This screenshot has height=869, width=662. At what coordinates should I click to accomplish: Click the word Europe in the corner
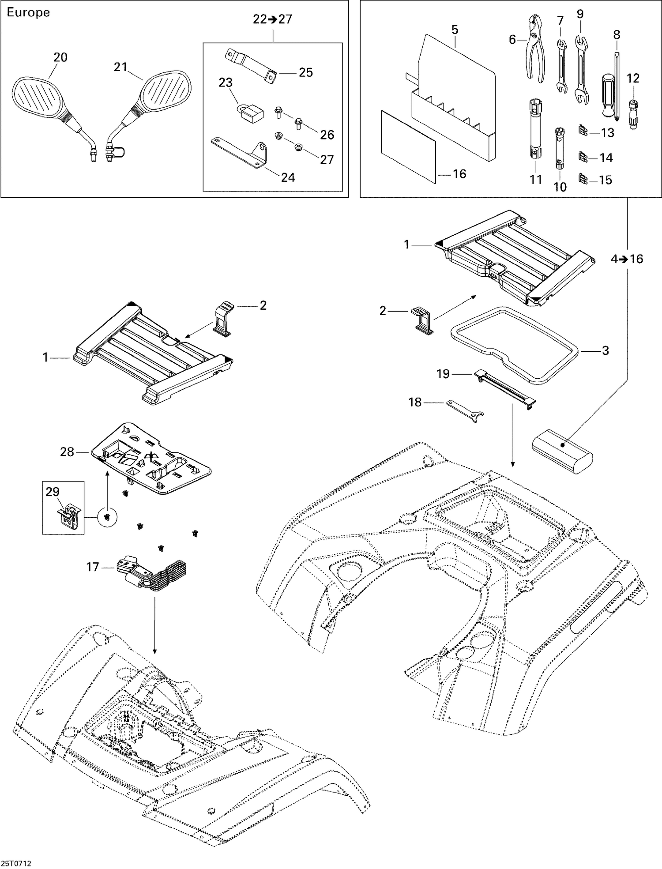(28, 12)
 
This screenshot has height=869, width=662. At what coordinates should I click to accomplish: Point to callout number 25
(305, 72)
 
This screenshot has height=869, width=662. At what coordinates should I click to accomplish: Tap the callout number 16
(459, 174)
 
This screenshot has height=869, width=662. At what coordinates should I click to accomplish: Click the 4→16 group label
(627, 259)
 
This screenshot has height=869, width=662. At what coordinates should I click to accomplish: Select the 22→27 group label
(272, 19)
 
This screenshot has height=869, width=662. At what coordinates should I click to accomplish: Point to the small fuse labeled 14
(583, 157)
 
